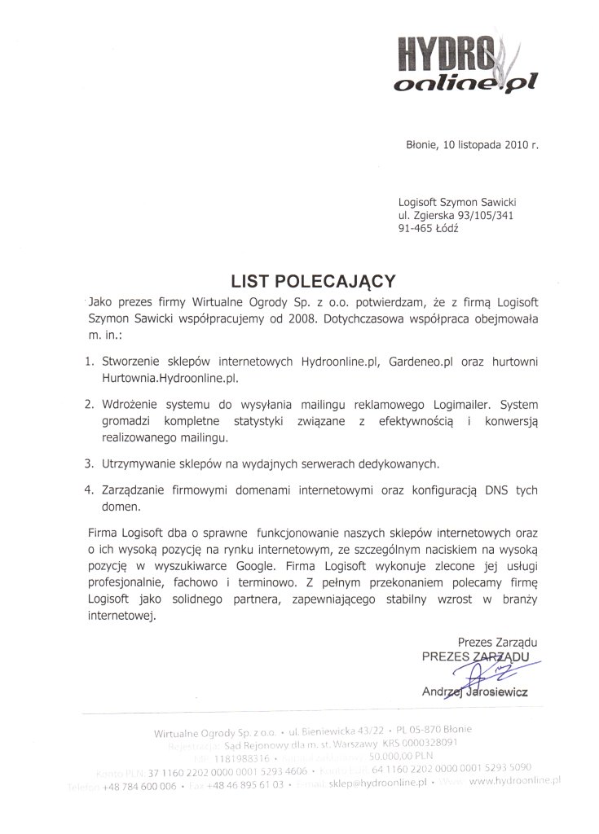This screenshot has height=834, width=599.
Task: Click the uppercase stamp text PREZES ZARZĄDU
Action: pyautogui.click(x=475, y=656)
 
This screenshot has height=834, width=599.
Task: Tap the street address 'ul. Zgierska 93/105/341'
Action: pyautogui.click(x=456, y=215)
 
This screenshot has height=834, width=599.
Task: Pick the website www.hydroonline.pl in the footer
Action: pyautogui.click(x=517, y=780)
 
